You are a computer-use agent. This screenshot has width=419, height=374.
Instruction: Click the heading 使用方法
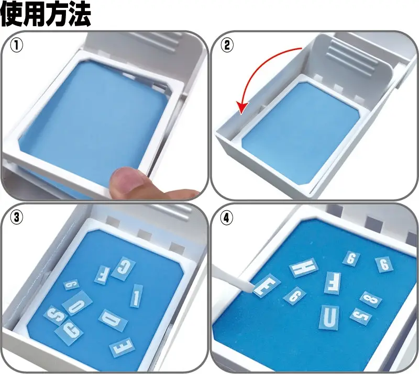tap(46, 14)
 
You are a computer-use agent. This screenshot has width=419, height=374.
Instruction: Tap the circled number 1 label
tap(17, 46)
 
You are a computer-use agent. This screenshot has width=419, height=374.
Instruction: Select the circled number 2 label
tap(227, 46)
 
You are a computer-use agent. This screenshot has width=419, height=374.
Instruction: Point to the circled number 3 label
tap(17, 218)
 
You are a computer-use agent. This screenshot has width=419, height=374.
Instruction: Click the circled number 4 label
tap(227, 218)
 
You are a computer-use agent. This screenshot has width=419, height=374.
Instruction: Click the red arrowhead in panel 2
tap(242, 108)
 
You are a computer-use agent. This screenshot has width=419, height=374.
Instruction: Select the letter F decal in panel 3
tap(102, 275)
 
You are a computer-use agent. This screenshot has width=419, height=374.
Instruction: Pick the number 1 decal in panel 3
tap(136, 296)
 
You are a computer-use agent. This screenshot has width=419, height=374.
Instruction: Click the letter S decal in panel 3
tap(55, 315)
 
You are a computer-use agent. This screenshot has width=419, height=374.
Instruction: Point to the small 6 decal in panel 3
tap(72, 285)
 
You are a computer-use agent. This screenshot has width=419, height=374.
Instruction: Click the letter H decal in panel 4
tap(304, 267)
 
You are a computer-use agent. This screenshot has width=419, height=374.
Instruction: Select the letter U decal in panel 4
tap(329, 318)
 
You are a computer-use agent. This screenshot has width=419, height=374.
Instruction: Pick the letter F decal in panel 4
tap(333, 284)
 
